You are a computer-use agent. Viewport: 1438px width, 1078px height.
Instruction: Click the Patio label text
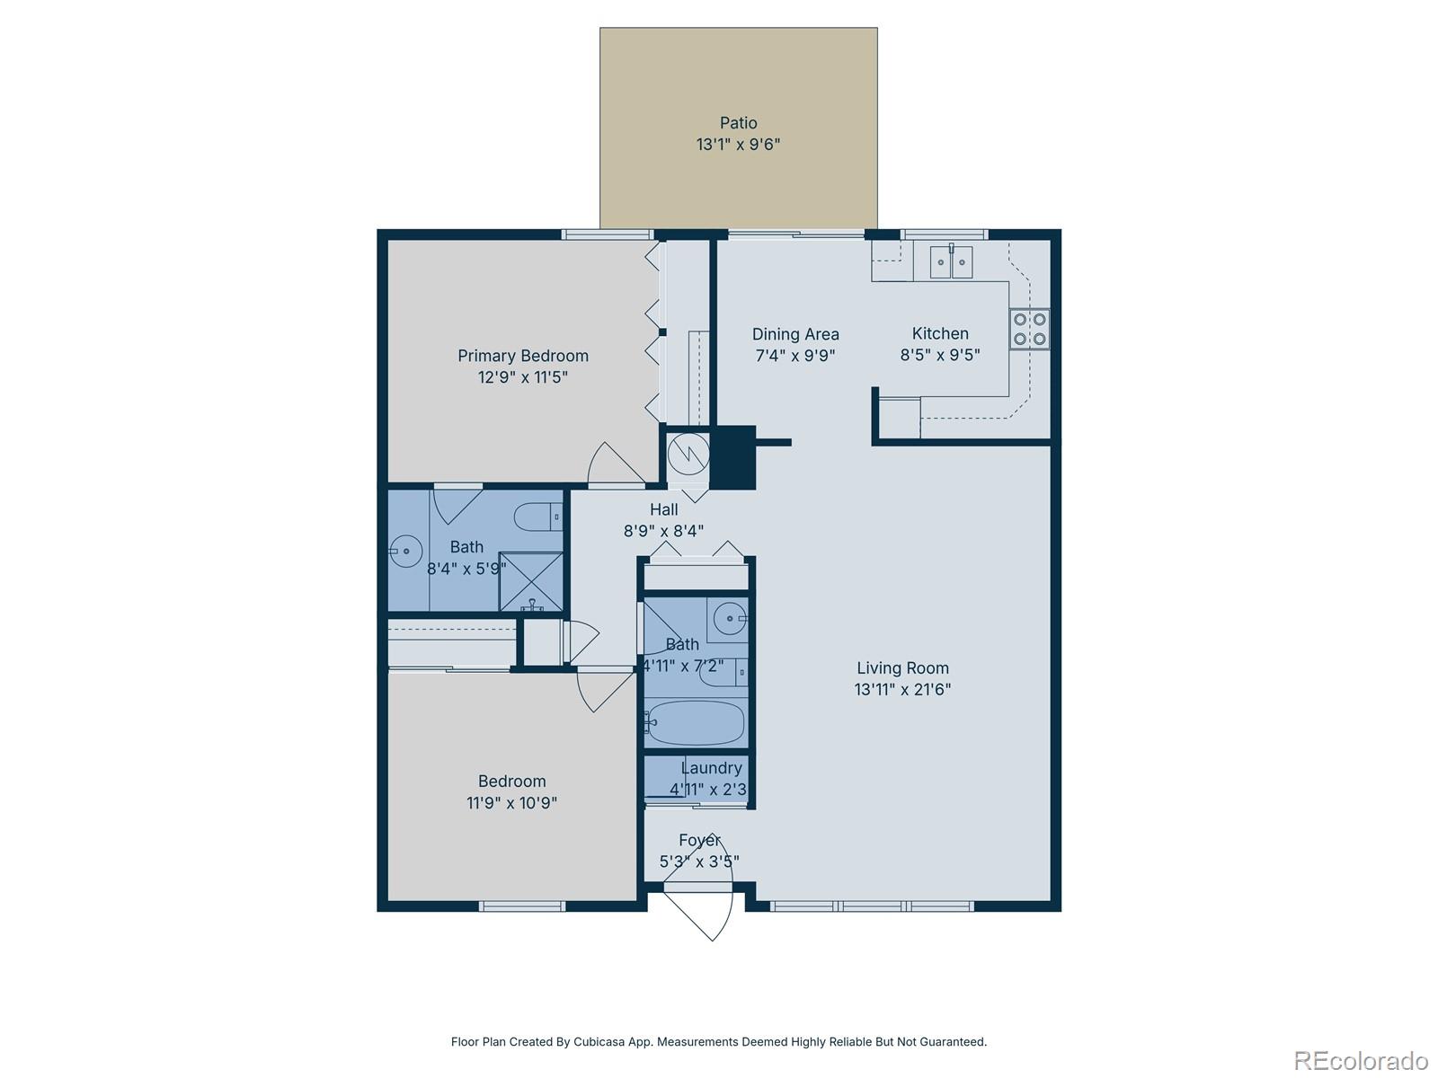(738, 123)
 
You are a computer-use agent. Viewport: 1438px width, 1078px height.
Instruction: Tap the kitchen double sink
(951, 262)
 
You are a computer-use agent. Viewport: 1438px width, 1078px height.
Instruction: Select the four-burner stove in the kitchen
(1029, 329)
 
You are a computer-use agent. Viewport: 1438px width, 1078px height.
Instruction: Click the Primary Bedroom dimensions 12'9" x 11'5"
(523, 377)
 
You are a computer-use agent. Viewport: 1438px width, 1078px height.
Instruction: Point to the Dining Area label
(795, 334)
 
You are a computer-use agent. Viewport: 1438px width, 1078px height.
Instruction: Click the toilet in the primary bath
(537, 517)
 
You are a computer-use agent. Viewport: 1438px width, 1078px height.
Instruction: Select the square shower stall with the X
(530, 580)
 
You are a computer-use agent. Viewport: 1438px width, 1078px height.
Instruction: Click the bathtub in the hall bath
(696, 722)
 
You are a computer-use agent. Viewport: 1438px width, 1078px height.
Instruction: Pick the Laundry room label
(711, 768)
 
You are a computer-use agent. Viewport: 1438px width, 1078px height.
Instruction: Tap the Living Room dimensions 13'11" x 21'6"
(902, 690)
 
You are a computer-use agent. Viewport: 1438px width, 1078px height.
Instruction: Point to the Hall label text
(663, 509)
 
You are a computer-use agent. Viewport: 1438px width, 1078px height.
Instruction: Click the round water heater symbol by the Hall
(688, 455)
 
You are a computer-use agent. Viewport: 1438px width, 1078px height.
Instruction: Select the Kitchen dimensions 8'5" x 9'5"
(940, 355)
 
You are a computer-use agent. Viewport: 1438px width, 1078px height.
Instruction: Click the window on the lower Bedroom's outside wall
(522, 906)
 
